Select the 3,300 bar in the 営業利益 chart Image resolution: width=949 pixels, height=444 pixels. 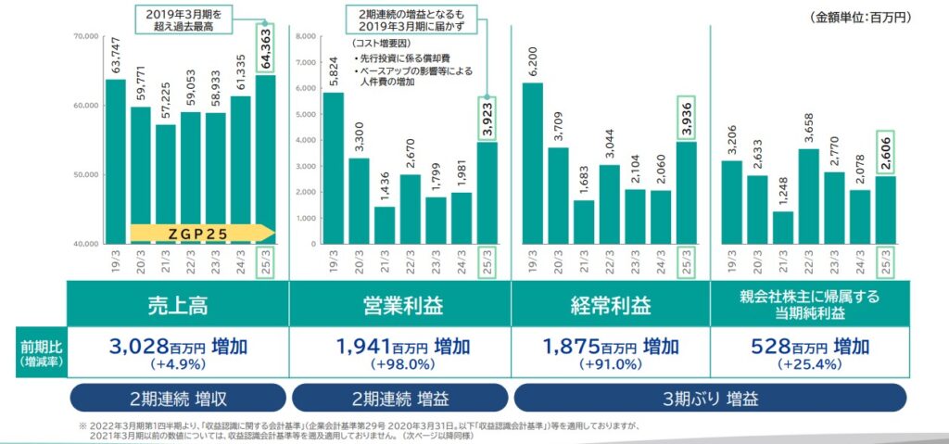tap(357, 200)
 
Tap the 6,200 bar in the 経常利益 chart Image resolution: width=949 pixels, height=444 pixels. tap(533, 162)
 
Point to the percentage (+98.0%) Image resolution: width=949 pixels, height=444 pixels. tap(399, 364)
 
